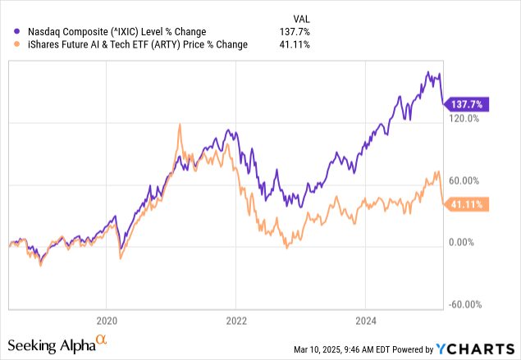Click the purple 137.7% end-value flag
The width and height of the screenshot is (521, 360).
click(x=466, y=104)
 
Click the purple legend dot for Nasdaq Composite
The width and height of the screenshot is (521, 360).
click(x=11, y=32)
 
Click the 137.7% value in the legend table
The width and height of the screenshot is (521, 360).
click(x=299, y=32)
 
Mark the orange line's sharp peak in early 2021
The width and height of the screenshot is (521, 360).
click(x=179, y=125)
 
